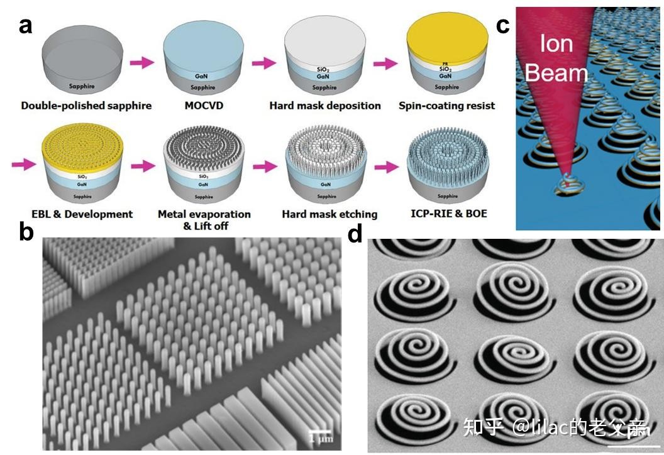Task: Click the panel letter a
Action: tap(25, 26)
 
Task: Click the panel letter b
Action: tap(26, 232)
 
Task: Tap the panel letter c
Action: tap(503, 26)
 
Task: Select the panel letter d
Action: tap(355, 234)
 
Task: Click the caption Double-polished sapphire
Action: tap(86, 106)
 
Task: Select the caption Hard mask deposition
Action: tap(325, 106)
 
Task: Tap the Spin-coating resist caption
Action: tap(446, 106)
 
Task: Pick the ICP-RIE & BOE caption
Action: tap(446, 214)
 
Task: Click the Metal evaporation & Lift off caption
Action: tap(204, 219)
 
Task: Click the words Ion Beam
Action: tap(556, 60)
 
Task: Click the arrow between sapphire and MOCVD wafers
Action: tap(141, 62)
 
